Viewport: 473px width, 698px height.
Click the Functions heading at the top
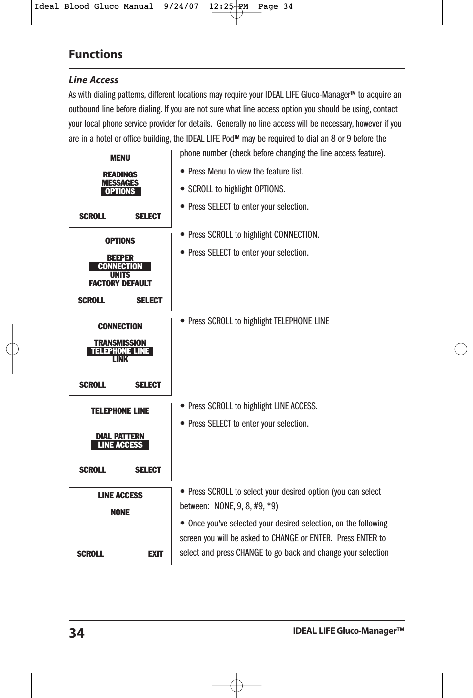tap(96, 54)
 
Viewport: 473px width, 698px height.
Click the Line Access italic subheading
tap(93, 80)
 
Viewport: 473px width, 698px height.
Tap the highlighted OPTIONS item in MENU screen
tap(120, 192)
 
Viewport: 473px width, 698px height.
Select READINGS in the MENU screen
tap(120, 174)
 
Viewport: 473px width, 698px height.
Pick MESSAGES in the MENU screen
tap(120, 183)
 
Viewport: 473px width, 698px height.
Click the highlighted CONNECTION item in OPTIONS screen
tap(120, 267)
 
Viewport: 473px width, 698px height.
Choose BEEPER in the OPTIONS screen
tap(120, 258)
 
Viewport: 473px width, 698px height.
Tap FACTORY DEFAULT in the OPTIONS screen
tap(120, 283)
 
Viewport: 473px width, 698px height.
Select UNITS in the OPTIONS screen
tap(120, 275)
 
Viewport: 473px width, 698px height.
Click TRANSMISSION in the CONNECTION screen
tap(120, 343)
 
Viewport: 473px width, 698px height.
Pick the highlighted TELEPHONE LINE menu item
tap(120, 351)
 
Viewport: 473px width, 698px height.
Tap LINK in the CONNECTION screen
tap(120, 359)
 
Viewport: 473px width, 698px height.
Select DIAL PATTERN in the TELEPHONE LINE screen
tap(120, 436)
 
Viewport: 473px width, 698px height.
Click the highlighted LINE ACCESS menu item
tap(120, 445)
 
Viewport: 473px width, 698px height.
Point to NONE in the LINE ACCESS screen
tap(120, 512)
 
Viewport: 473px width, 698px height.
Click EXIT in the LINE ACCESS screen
tap(155, 554)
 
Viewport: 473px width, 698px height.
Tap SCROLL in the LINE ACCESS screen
tap(90, 554)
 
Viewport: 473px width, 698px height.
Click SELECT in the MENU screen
tap(148, 216)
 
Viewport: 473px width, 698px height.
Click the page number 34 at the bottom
tap(77, 633)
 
